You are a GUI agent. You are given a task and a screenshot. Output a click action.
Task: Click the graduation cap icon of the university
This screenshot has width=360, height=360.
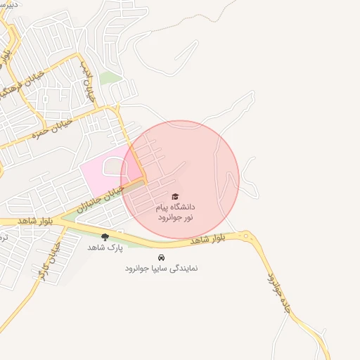175,197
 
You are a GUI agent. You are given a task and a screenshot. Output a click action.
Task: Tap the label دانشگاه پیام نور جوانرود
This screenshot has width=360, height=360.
175,212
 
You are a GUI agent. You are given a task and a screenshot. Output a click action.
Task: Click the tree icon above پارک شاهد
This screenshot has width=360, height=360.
105,237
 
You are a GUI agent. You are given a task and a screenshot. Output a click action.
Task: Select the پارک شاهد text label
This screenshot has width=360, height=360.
105,247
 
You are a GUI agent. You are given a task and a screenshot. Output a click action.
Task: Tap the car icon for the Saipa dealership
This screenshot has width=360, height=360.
161,257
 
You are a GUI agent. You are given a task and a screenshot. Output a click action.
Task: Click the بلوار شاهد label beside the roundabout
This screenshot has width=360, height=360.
208,239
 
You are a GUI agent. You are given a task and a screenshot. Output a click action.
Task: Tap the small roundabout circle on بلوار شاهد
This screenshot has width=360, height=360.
247,235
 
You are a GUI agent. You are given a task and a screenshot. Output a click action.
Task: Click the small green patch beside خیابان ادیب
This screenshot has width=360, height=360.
107,77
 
